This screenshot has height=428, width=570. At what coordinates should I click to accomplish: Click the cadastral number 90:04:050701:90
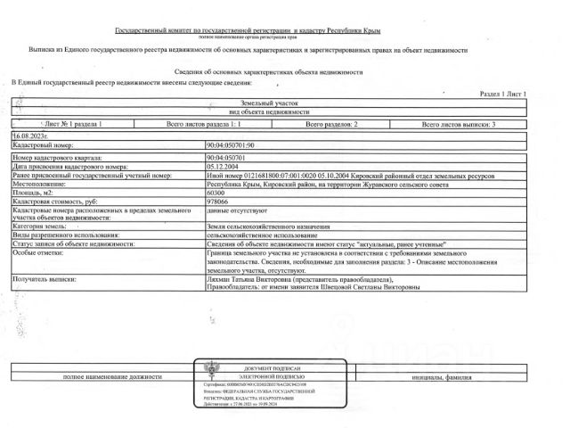coord(230,144)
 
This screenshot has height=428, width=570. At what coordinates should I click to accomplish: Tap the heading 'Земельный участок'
coord(283,104)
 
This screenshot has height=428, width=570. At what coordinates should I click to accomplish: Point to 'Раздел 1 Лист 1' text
coord(503,94)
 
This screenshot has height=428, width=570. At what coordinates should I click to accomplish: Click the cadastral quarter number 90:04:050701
coord(226,156)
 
